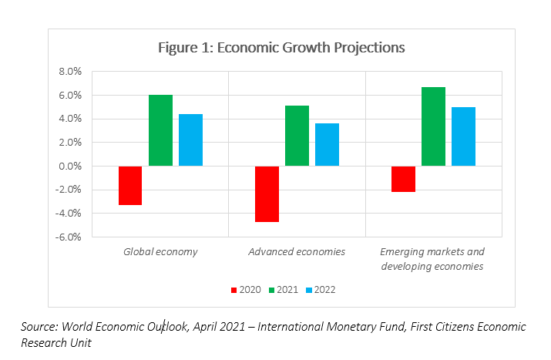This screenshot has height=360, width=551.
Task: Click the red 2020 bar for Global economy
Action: coord(130,185)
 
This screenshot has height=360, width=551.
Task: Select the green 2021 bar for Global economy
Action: coord(160,130)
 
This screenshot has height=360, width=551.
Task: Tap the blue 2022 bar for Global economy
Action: coord(190,140)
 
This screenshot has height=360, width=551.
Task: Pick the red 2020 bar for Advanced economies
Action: coord(267,193)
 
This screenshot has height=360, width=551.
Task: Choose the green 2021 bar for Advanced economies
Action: coord(297,136)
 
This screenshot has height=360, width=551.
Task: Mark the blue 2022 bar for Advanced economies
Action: coord(327,144)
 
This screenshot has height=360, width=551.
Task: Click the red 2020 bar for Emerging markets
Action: coord(403,179)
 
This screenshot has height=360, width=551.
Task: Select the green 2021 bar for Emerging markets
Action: coord(433,126)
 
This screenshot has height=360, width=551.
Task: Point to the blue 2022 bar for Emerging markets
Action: coord(463,136)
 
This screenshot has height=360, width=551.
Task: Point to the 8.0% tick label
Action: coord(69,72)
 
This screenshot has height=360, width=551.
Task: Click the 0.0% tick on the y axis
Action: coord(69,167)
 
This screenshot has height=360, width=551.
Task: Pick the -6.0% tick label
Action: coord(68,237)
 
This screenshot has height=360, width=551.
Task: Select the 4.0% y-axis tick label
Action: coord(69,119)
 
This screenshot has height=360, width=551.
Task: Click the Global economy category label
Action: coord(160,252)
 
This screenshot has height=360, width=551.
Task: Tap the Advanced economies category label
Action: coord(297,252)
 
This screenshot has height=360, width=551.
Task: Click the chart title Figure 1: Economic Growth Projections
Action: coord(281,48)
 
